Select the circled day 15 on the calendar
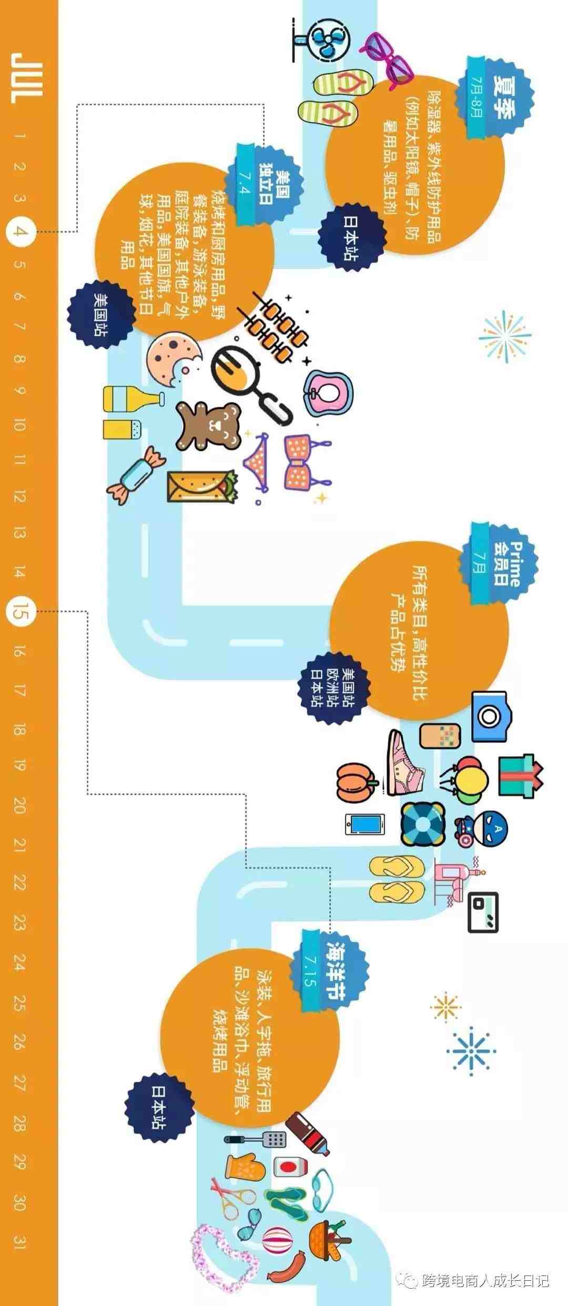click(21, 611)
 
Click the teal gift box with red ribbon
click(520, 776)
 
